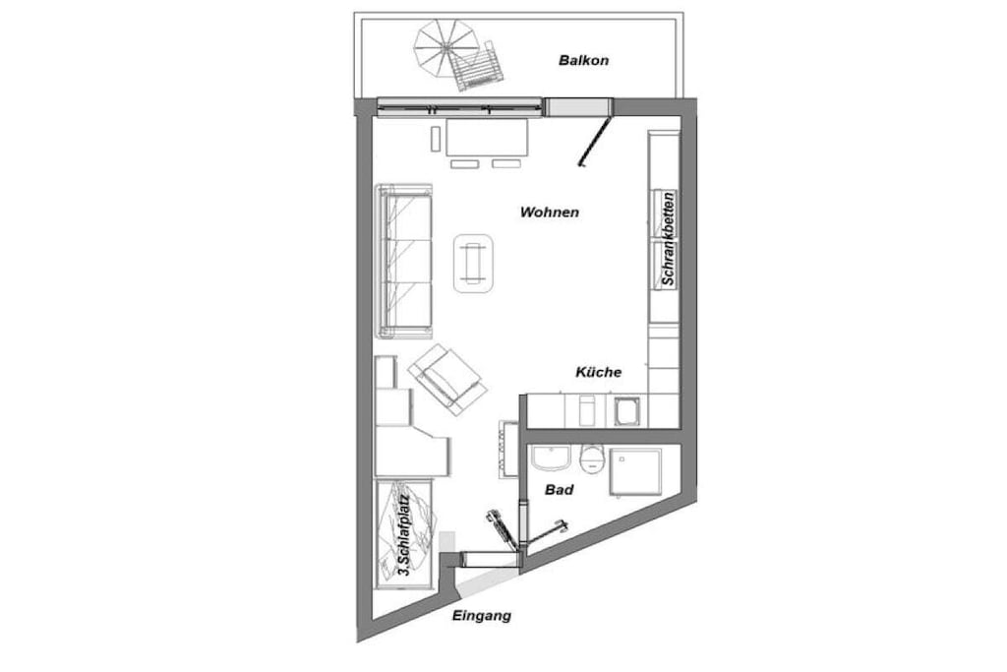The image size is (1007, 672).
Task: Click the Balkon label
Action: [583, 60]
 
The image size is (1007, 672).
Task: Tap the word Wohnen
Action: [549, 212]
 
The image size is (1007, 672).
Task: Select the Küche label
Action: [598, 372]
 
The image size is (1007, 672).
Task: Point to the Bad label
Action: [559, 490]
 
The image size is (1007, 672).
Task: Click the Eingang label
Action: [482, 616]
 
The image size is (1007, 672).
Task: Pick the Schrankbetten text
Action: [668, 238]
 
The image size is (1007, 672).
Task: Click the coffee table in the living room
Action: [473, 263]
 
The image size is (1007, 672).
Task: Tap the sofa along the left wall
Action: [404, 260]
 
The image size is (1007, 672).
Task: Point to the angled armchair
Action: [447, 379]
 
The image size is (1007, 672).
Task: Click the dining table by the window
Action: [488, 137]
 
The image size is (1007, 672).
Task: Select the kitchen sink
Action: [626, 411]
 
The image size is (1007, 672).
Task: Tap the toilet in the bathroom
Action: [591, 458]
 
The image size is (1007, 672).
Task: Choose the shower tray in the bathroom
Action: [635, 472]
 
